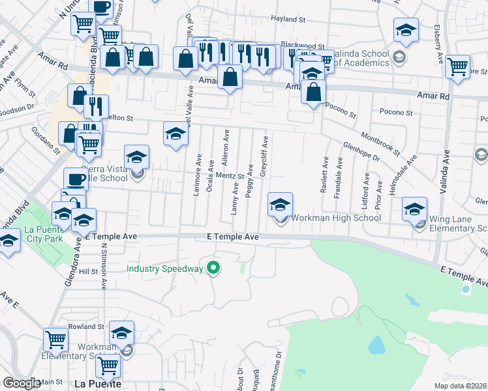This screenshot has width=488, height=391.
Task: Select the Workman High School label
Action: (x=335, y=218)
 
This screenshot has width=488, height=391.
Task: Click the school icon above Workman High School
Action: (x=280, y=205)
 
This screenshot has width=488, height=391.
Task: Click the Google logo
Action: (x=22, y=383)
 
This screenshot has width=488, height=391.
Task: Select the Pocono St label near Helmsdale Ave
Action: (x=396, y=113)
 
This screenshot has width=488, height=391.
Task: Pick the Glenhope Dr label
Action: (x=361, y=152)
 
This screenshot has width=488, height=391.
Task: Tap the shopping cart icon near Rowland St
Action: (x=56, y=340)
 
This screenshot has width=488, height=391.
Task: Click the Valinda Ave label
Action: (x=447, y=166)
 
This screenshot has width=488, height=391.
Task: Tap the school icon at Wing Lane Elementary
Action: (x=414, y=209)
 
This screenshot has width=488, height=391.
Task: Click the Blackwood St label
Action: (x=303, y=45)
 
